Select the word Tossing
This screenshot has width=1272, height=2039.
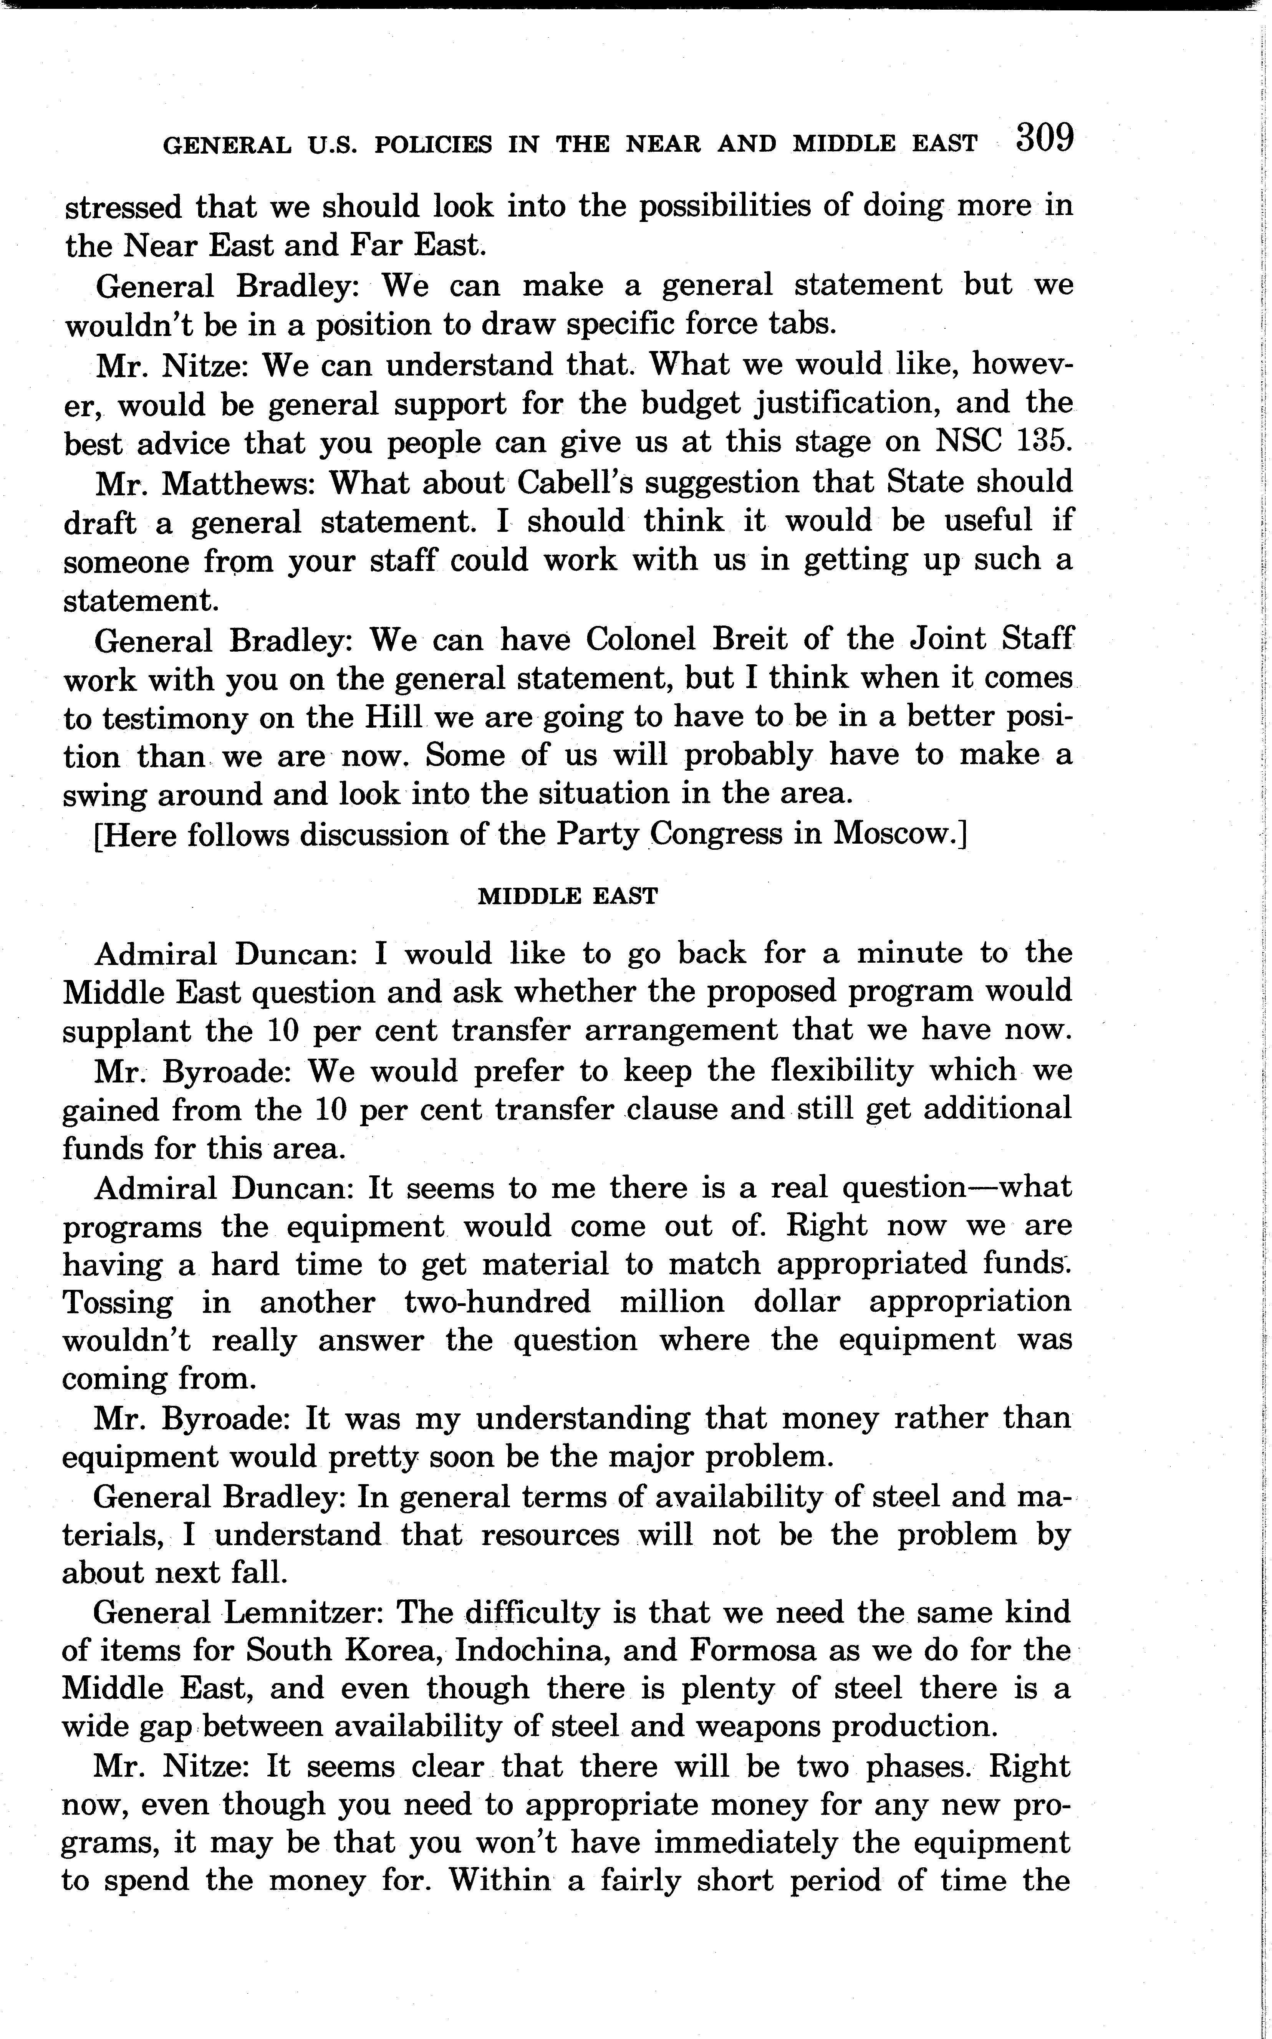(x=118, y=1302)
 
